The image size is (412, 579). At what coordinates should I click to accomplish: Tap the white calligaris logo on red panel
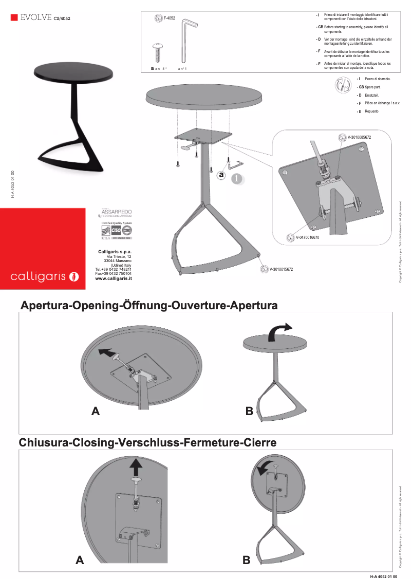pos(45,276)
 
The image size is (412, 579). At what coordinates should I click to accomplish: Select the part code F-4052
pos(169,18)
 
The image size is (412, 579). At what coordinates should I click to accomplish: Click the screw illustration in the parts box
pos(157,53)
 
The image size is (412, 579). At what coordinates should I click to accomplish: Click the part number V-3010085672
pos(359,138)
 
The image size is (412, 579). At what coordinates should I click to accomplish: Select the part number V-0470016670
pos(307,238)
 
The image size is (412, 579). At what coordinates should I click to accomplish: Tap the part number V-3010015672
pos(281,269)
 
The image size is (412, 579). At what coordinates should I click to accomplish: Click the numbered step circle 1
pos(236,179)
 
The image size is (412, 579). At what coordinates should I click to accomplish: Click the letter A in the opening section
pos(96,411)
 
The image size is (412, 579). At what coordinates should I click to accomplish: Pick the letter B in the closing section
pos(247,560)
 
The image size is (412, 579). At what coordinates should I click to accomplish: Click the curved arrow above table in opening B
pos(280,330)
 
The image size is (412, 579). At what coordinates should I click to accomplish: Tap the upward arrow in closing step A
pos(136,466)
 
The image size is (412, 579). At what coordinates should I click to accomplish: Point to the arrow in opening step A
pos(105,352)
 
